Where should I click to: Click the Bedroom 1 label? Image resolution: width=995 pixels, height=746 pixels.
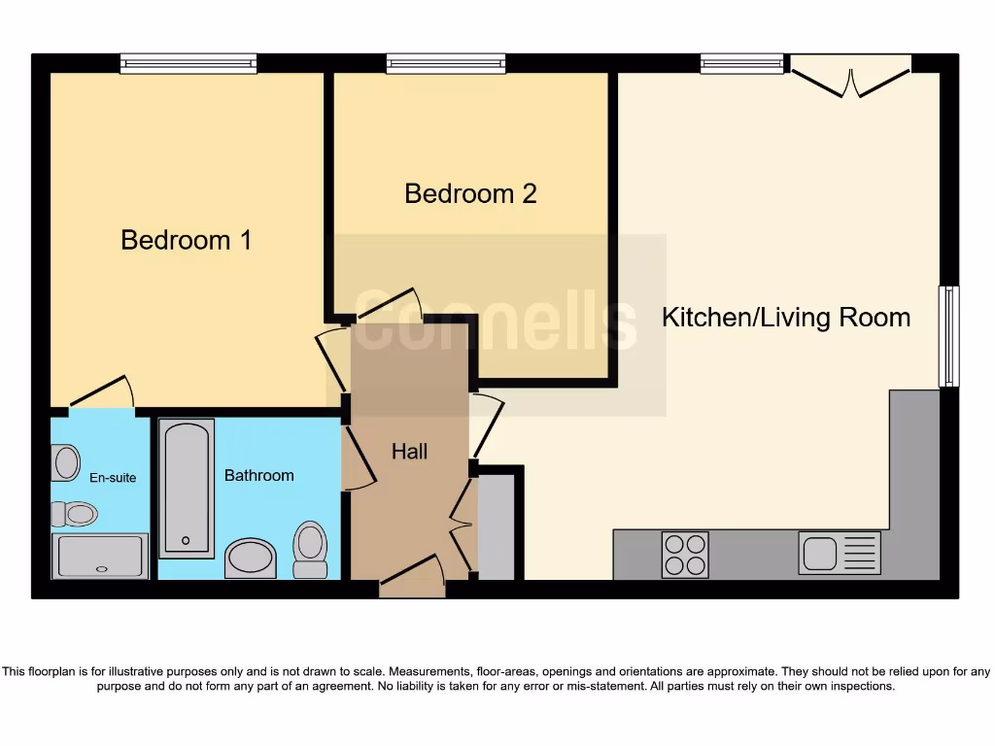pos(186,240)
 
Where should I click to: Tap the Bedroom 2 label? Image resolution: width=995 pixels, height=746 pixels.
pos(470,193)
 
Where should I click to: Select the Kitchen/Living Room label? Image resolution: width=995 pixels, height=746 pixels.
pos(785,317)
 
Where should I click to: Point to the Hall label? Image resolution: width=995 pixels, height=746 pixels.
pos(409,451)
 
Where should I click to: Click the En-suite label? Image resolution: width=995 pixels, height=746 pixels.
pos(113,477)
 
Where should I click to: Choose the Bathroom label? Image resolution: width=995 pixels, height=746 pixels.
pos(258,475)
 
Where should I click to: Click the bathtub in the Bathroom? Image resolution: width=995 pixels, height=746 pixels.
pos(186,488)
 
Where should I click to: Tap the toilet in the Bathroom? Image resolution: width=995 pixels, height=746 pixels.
pos(310,549)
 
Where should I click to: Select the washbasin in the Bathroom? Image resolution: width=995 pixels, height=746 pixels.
pos(250,559)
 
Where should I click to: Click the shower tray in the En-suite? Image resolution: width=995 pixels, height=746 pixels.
pos(100,557)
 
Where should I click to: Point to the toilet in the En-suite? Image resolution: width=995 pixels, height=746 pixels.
pos(75,513)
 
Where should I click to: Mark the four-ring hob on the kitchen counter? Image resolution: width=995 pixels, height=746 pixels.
pos(685,555)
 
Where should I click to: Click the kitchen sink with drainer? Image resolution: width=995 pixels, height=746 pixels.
pos(840,553)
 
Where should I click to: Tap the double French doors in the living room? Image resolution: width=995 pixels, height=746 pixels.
pos(850,77)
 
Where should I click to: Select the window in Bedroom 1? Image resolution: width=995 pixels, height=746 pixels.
pos(189,64)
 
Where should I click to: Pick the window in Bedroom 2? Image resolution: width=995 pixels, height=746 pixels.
pos(446,64)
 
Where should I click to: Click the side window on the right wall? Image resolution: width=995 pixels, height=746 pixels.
pos(948,336)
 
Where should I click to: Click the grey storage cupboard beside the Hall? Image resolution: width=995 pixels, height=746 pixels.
pos(497,526)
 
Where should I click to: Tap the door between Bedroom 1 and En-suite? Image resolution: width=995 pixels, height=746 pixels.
pos(102,392)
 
